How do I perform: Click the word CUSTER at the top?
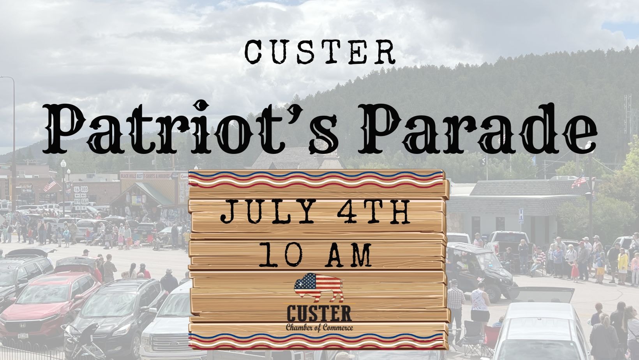coord(320,52)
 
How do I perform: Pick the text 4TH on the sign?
coord(373,212)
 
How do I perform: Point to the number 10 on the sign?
coord(281,255)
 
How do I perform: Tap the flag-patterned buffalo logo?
coord(319,287)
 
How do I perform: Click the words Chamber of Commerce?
coord(319,328)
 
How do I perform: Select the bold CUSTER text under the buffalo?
coord(319,314)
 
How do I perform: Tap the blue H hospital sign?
coord(521,216)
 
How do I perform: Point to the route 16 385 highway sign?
coord(81,189)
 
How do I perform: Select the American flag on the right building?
coord(579,182)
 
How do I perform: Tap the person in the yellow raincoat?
coord(623,266)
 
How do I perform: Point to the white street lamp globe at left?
coord(64,164)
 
